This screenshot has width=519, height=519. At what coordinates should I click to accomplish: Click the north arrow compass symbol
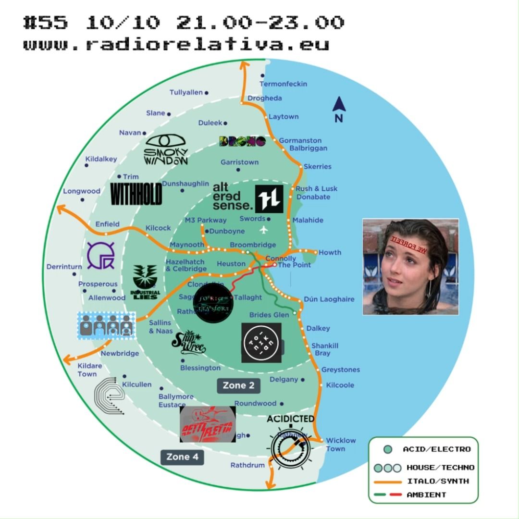[339, 109]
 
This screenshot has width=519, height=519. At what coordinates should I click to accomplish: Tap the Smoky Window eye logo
[166, 149]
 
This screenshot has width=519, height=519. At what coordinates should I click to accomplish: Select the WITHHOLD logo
[136, 193]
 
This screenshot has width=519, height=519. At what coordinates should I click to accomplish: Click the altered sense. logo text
[232, 197]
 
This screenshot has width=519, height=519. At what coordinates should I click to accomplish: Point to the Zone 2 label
[238, 385]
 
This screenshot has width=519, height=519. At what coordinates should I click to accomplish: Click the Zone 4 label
[182, 457]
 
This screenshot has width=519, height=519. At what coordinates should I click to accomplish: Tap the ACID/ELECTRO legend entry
[436, 449]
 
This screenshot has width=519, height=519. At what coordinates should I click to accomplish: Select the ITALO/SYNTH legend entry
[437, 481]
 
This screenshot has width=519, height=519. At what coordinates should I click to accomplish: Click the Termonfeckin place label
[283, 84]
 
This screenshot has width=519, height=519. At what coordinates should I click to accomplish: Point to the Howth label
[330, 252]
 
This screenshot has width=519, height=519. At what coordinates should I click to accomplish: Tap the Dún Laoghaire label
[329, 299]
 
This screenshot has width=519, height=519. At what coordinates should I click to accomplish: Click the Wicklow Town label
[341, 444]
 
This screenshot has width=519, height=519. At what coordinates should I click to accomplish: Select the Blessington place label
[200, 368]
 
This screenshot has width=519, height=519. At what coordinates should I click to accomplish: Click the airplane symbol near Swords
[262, 229]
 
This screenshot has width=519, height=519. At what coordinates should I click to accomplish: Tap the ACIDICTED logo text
[291, 419]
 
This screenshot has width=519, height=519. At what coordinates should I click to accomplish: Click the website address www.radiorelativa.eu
[176, 44]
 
